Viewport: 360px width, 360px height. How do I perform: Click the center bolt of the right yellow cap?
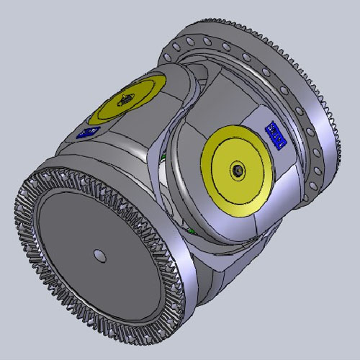tap(237, 169)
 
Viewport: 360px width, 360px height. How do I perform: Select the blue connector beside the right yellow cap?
tap(276, 134)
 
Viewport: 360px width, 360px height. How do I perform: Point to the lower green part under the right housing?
tap(192, 230)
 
